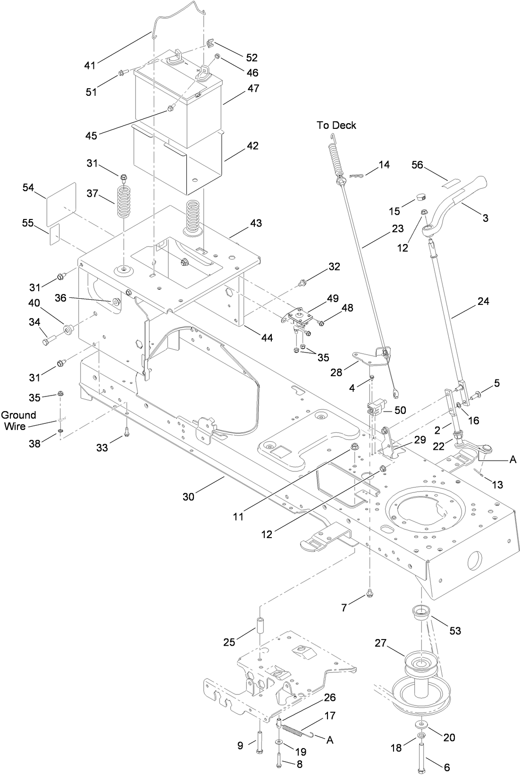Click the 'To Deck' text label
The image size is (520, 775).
pos(336,125)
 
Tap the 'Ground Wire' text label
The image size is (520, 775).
pos(18,420)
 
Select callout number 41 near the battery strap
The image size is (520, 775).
pos(90,65)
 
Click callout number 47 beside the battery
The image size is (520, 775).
pos(253,88)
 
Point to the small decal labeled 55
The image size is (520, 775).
pos(55,235)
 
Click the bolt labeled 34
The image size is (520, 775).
pos(49,339)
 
